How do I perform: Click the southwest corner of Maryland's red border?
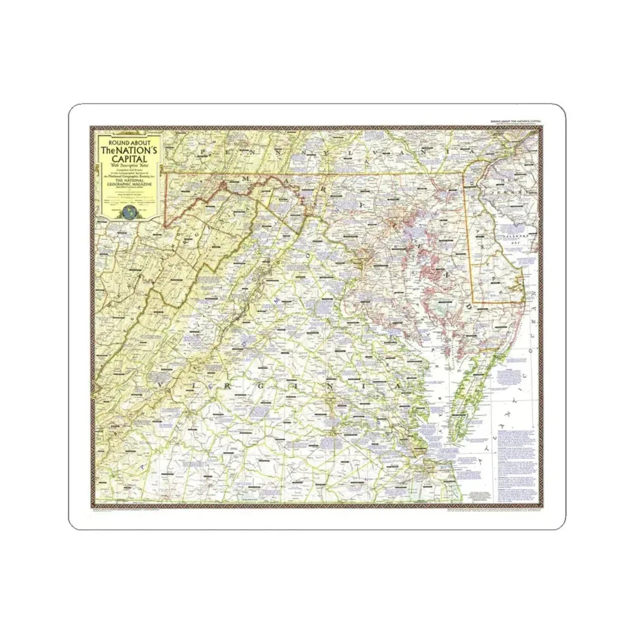165,226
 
